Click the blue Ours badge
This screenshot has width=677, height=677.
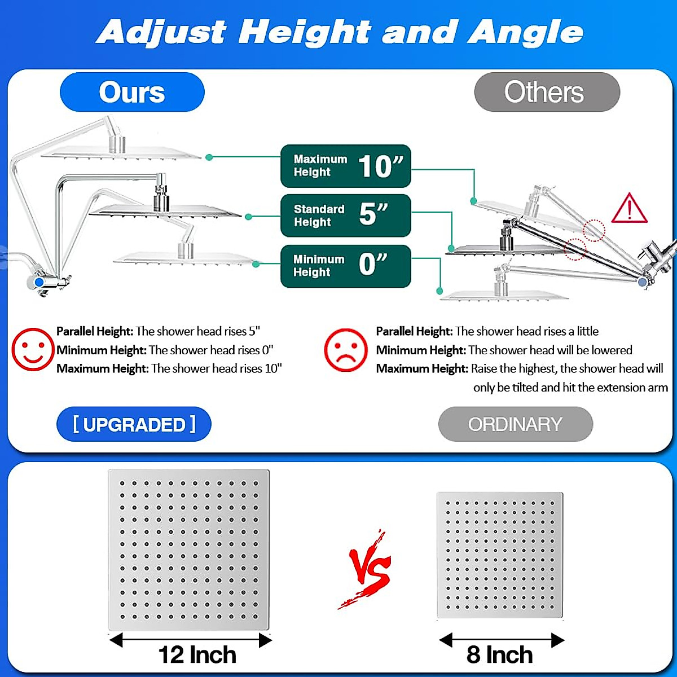point(132,92)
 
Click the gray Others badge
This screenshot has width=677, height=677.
point(547,92)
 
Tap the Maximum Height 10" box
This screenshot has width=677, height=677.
point(345,166)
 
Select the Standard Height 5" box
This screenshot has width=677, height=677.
point(345,216)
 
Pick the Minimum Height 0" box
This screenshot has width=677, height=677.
point(345,266)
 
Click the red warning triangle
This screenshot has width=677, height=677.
point(630,209)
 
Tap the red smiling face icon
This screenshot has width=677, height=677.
point(33,349)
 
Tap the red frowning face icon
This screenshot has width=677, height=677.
point(345,350)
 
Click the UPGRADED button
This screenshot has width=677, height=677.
point(134,424)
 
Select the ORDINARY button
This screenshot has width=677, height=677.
point(515,424)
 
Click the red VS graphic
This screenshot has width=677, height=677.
point(368,570)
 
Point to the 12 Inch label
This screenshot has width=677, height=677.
point(197,655)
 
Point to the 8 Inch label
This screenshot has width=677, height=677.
point(499,655)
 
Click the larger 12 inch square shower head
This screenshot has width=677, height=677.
point(188,550)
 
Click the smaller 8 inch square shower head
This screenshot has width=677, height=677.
point(500,555)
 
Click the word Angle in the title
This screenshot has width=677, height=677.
point(525,32)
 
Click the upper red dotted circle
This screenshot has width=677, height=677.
point(594,230)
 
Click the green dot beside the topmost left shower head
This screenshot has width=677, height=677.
point(209,157)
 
